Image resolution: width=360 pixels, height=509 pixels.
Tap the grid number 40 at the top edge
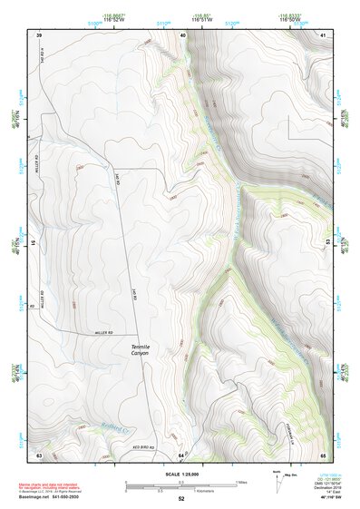182,34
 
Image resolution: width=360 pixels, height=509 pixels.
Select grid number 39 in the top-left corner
39,34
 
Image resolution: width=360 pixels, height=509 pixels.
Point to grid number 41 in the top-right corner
324,34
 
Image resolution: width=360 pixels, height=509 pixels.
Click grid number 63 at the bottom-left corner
39,453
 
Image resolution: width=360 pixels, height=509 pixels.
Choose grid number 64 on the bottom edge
181,453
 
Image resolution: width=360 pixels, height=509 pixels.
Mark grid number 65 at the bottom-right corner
324,453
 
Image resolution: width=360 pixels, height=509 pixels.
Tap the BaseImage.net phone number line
54,495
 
